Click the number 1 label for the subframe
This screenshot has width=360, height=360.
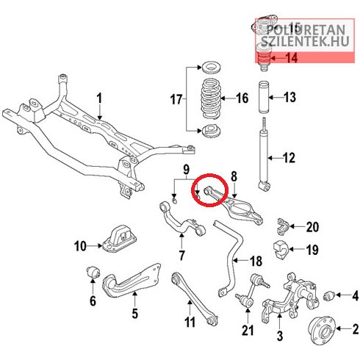click(99, 98)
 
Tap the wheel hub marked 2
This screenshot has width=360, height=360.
click(323, 331)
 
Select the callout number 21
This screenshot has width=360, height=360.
click(248, 331)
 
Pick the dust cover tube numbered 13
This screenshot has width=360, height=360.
click(263, 98)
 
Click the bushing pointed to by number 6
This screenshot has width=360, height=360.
click(93, 273)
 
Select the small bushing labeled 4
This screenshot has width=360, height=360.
click(329, 295)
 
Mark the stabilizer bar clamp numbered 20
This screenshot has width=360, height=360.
click(282, 226)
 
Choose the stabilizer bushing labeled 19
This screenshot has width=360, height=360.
click(281, 250)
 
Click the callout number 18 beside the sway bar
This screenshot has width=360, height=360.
click(256, 261)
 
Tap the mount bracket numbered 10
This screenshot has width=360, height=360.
click(119, 238)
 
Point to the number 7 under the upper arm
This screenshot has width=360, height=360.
click(181, 255)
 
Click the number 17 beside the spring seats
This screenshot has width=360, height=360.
click(176, 99)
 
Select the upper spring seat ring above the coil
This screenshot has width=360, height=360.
click(212, 68)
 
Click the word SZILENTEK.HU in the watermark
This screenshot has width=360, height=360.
click(305, 41)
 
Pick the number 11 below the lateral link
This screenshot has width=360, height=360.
click(190, 322)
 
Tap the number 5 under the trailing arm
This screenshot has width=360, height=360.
click(135, 313)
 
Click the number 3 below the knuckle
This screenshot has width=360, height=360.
click(280, 335)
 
